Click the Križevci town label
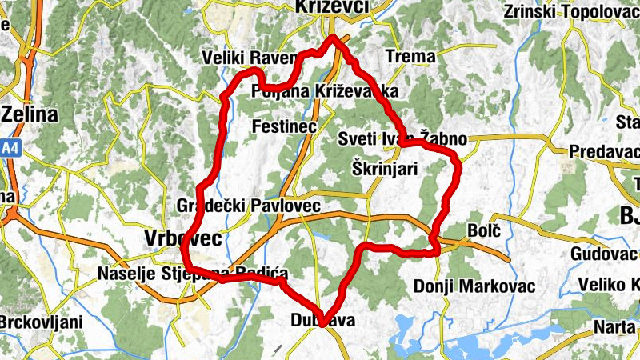[x=331, y=7]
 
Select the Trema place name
[x=410, y=57]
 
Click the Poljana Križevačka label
[x=325, y=91]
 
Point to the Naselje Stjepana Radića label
[x=193, y=274]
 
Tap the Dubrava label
[x=324, y=321]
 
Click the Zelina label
[x=30, y=114]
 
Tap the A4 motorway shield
[x=10, y=149]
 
